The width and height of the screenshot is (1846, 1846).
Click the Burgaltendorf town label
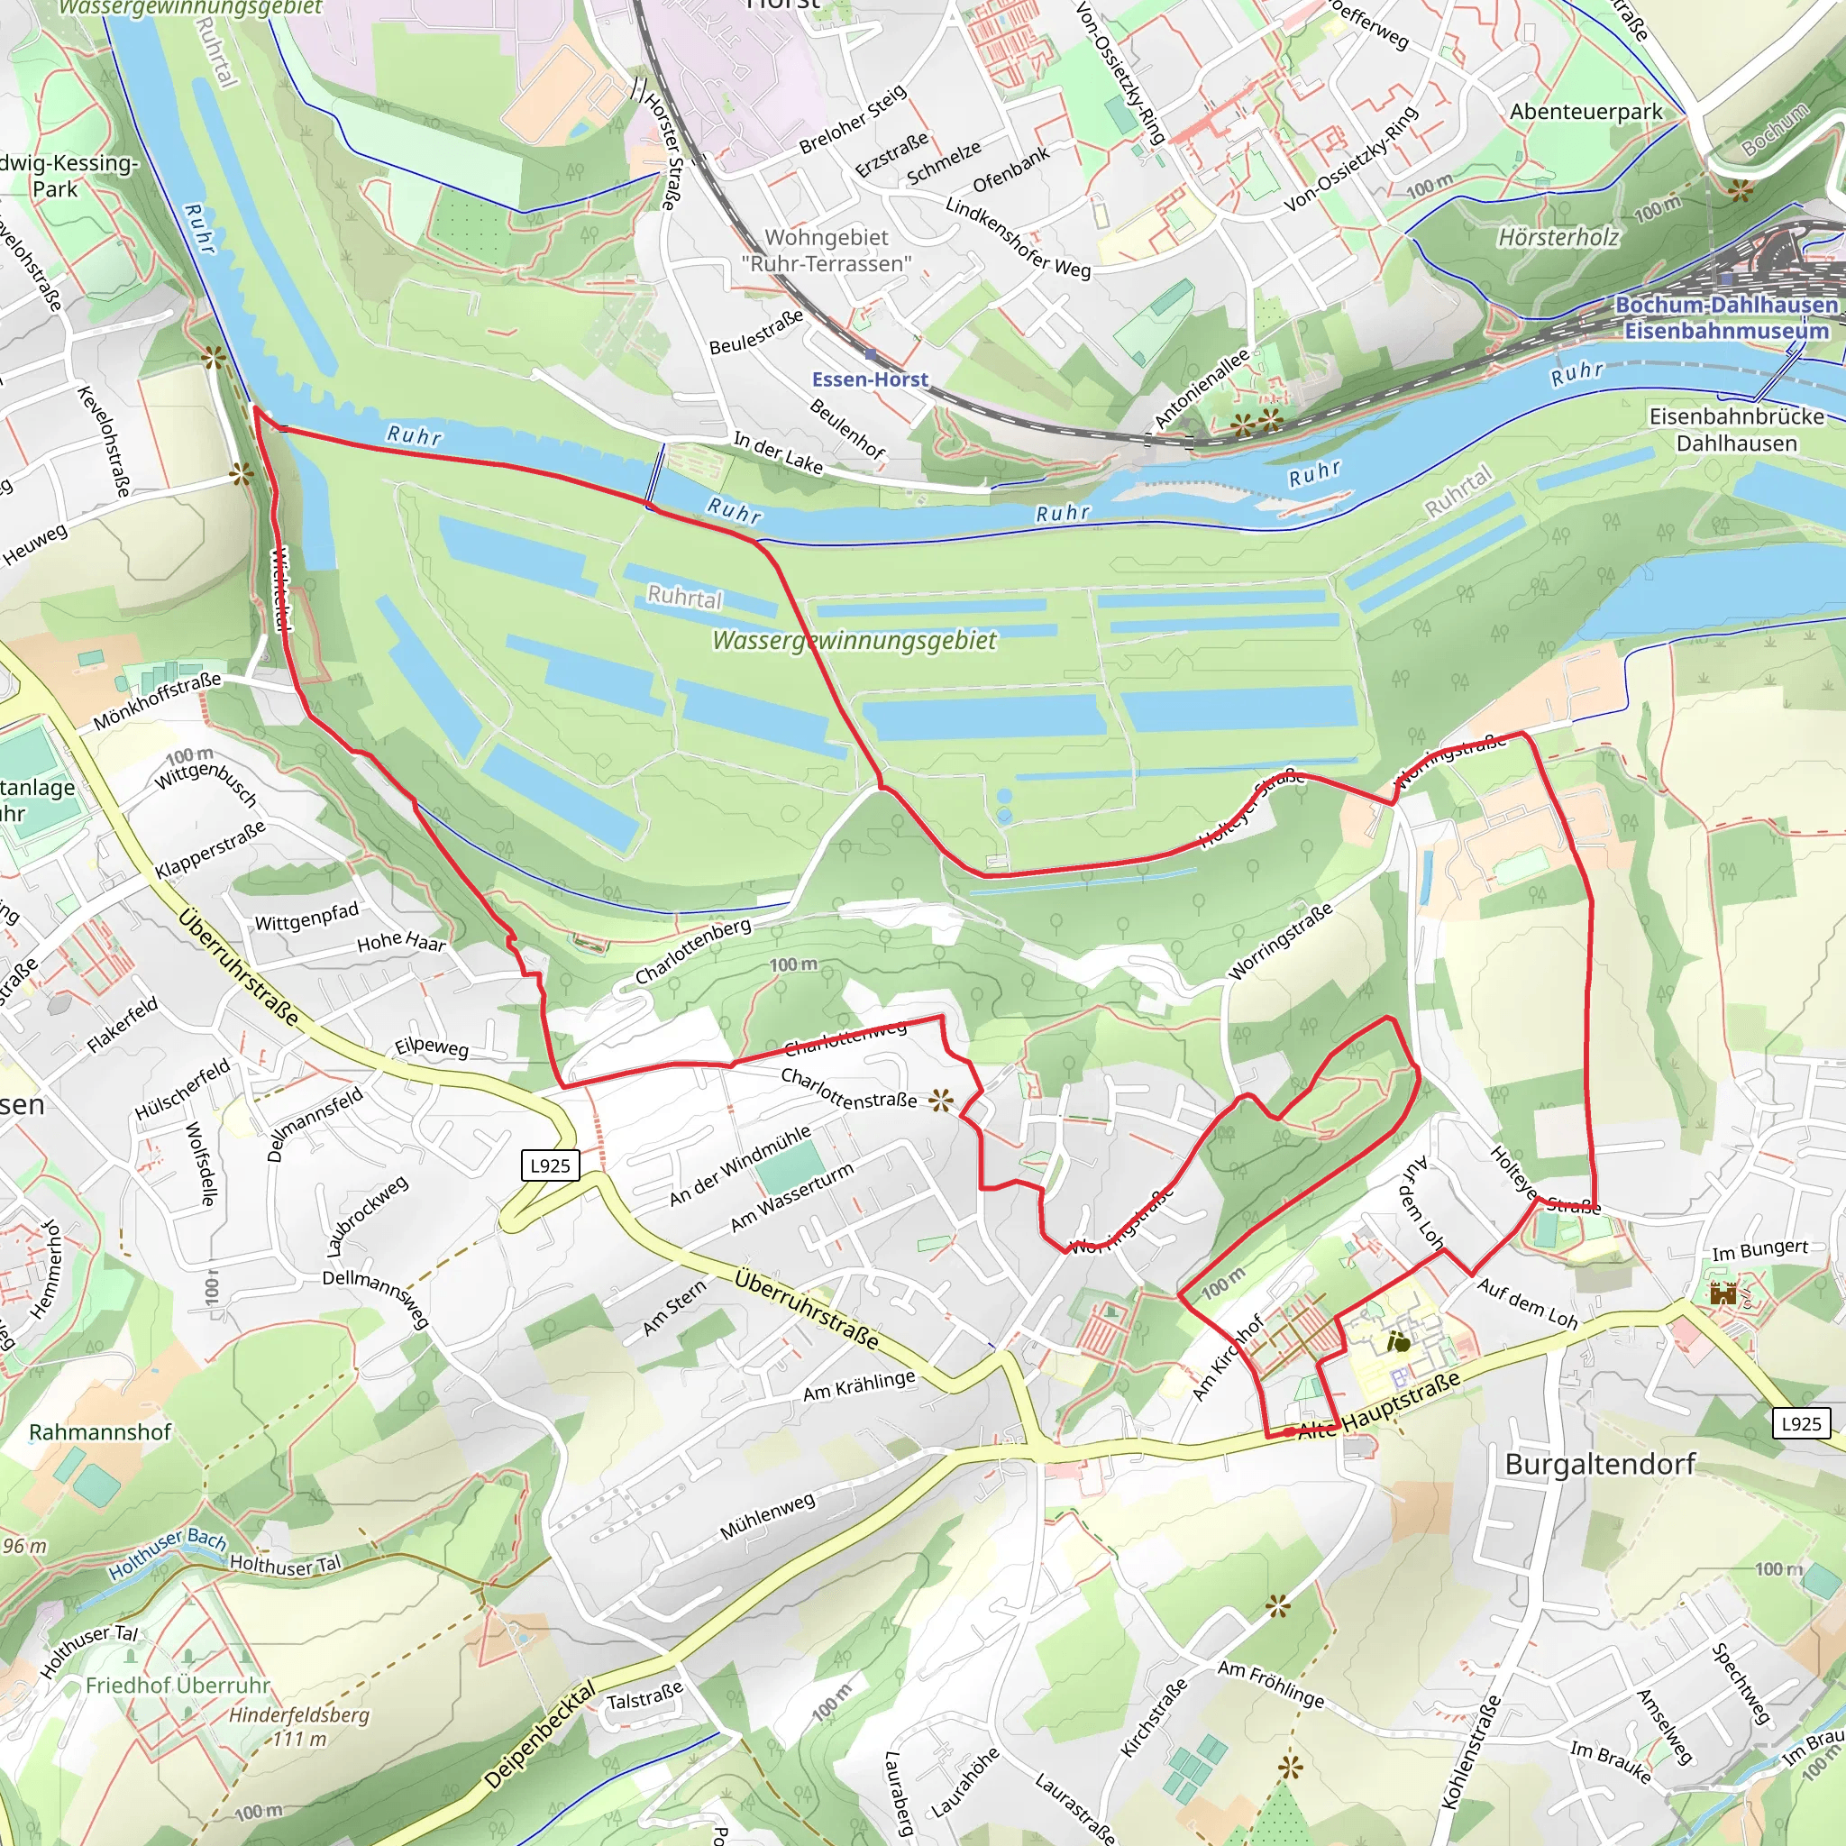(1600, 1465)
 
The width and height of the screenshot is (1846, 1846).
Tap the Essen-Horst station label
(870, 379)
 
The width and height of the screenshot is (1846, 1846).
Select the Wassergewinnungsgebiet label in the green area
(854, 640)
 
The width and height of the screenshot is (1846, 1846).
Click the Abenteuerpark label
(1586, 112)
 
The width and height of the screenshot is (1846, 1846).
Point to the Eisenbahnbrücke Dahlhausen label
(1736, 430)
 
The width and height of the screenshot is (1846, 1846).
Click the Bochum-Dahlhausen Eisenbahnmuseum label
(1725, 318)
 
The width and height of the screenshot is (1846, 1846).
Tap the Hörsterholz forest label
(1558, 237)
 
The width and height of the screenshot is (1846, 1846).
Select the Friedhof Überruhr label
(178, 1685)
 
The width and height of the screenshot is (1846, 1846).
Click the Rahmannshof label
(100, 1432)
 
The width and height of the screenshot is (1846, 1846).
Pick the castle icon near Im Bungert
(1723, 1294)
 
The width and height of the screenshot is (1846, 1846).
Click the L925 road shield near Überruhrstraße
(551, 1165)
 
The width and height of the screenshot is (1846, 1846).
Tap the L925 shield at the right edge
(1801, 1423)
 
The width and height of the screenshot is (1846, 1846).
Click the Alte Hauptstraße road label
(1381, 1406)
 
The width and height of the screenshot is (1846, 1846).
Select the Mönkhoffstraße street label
(158, 700)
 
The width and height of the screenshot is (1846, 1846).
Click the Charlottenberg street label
(693, 952)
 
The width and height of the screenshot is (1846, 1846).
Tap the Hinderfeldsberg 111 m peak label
(298, 1726)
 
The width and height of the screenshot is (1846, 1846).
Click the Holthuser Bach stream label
(168, 1554)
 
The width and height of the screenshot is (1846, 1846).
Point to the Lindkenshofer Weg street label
(1018, 237)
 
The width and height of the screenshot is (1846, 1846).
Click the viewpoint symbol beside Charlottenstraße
(940, 1101)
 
